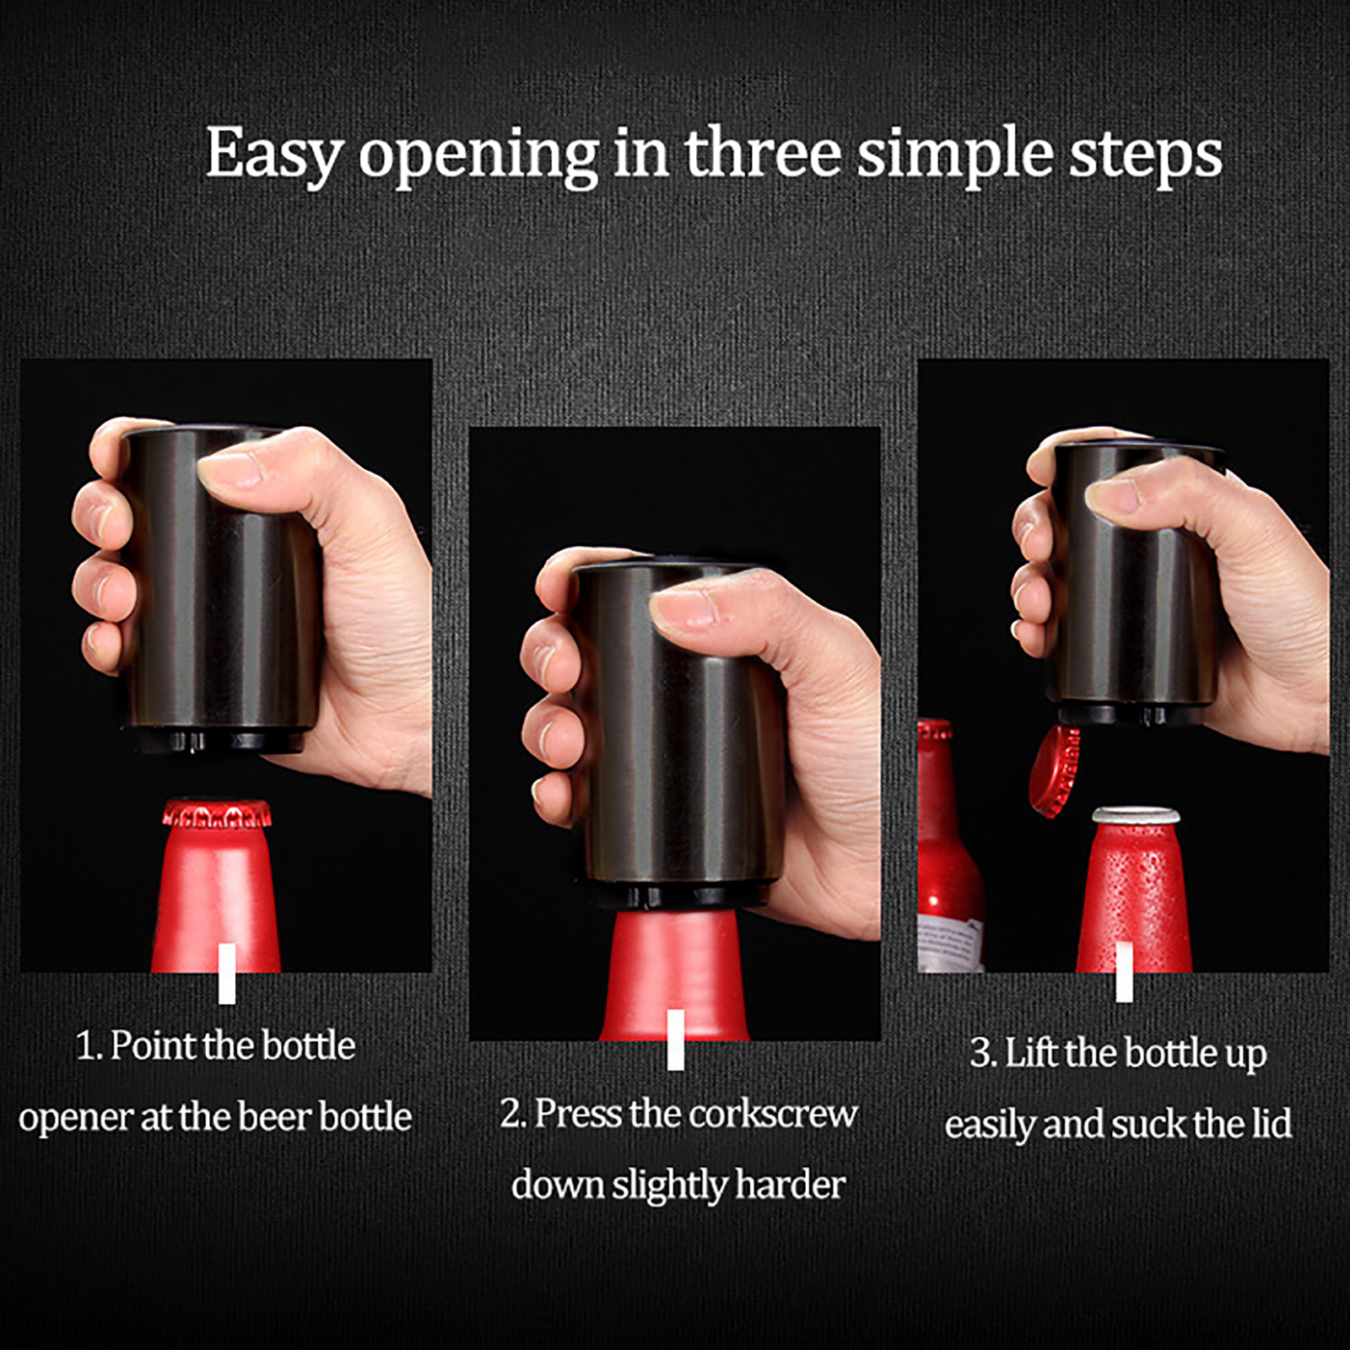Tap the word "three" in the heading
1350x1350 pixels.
click(x=763, y=153)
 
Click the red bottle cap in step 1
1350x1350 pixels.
click(x=217, y=814)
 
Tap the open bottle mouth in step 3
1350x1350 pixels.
click(x=1136, y=815)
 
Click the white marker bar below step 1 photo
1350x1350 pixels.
click(x=227, y=974)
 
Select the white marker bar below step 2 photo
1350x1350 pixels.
click(x=675, y=1039)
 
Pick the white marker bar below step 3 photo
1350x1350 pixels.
click(x=1124, y=972)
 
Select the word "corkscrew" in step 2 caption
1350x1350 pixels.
click(x=774, y=1114)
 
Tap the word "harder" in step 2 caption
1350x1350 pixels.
click(x=790, y=1185)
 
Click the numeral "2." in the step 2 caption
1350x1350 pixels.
click(x=513, y=1114)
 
